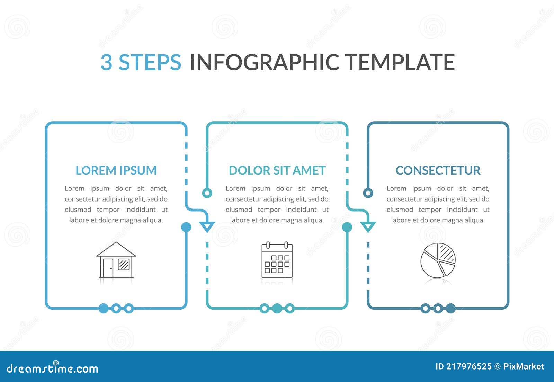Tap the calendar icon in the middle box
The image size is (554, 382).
tap(277, 260)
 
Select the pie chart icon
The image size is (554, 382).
tap(438, 260)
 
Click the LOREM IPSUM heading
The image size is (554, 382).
tap(116, 170)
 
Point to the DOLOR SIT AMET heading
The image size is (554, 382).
tap(277, 170)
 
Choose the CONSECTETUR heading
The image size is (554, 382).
tap(438, 170)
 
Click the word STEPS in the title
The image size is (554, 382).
tap(150, 62)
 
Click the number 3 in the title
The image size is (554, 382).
tap(106, 62)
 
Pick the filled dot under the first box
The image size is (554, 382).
tap(104, 308)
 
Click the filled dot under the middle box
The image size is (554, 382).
tap(277, 308)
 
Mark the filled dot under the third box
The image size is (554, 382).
tap(450, 308)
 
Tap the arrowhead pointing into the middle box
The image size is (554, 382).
tap(207, 226)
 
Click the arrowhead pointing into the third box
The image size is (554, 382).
tap(368, 226)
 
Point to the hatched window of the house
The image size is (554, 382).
tap(124, 265)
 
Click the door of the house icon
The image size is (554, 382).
tap(108, 268)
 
